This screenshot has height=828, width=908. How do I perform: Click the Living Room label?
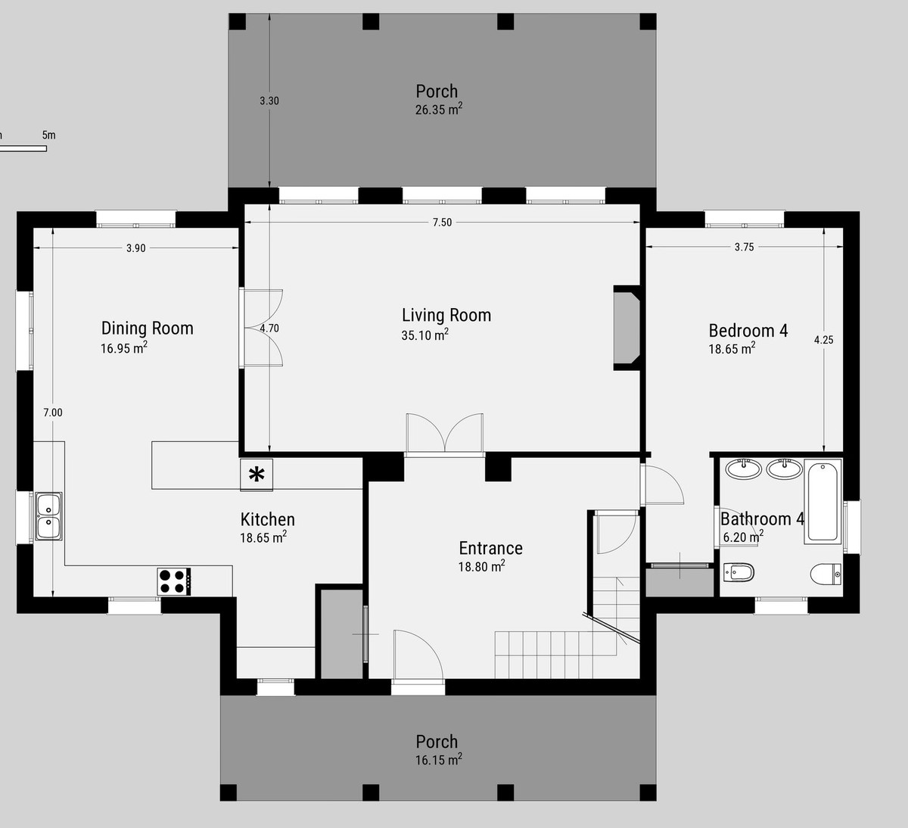click(446, 315)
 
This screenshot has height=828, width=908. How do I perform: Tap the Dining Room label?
click(147, 328)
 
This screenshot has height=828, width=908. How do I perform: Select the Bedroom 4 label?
click(748, 330)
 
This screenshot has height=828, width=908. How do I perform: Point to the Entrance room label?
click(490, 548)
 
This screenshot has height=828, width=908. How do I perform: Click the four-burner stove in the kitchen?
click(173, 581)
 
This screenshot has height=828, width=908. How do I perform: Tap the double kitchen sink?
click(48, 516)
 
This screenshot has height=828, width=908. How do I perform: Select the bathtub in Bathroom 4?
click(822, 500)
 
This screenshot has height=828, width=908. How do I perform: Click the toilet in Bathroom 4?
click(826, 574)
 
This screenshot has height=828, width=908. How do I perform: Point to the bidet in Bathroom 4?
click(739, 574)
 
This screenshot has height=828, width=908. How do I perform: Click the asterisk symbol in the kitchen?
click(257, 475)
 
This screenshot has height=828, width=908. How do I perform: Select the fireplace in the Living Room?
click(627, 328)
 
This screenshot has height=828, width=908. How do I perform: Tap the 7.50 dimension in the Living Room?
click(442, 223)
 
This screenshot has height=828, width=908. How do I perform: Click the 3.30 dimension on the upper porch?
click(269, 101)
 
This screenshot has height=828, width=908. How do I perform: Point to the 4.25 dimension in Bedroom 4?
click(823, 340)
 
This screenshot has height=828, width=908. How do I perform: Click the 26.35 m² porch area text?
click(438, 110)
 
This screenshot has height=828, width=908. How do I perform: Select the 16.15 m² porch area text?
click(438, 759)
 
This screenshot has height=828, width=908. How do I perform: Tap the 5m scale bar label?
click(48, 135)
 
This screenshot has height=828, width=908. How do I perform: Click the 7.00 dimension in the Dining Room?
click(52, 412)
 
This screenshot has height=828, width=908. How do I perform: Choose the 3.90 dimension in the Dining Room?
click(135, 248)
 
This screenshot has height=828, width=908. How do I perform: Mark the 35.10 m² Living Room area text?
click(424, 335)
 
